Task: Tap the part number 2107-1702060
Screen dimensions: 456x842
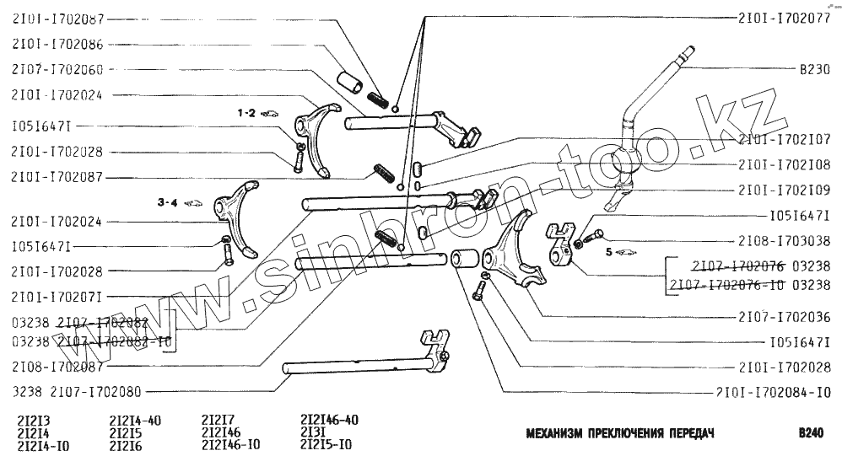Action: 58,69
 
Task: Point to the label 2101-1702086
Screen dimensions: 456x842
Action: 58,44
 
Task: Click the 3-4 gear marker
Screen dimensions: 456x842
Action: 168,203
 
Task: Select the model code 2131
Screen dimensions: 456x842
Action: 314,432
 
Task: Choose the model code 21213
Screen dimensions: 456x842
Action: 33,420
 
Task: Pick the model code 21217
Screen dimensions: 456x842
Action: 218,420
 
